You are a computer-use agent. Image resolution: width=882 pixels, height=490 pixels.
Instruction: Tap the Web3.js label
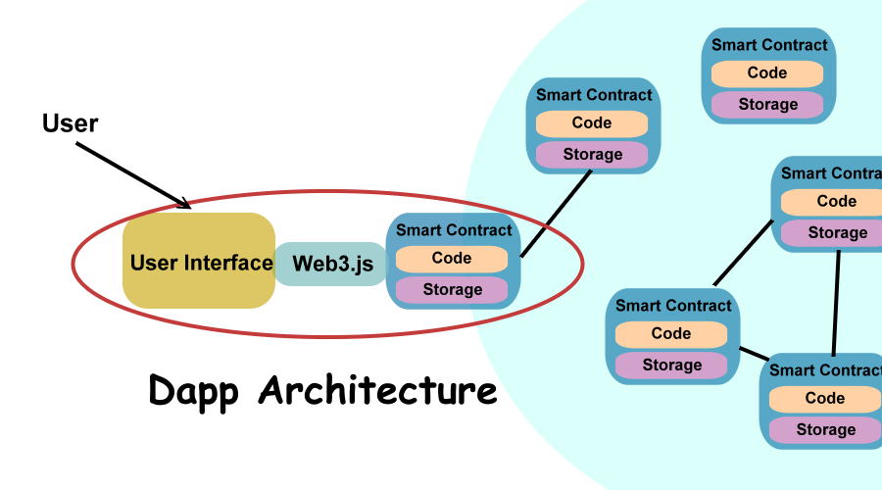pos(332,264)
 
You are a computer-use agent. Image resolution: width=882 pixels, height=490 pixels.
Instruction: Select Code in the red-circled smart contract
pos(452,259)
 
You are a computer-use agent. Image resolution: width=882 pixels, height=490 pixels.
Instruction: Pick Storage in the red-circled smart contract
pos(452,290)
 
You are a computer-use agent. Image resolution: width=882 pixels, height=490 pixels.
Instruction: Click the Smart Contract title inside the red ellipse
pos(454,230)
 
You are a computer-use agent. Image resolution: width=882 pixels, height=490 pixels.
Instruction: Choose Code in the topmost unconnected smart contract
pos(767,73)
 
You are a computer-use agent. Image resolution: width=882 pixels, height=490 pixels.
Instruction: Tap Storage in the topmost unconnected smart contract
pos(767,105)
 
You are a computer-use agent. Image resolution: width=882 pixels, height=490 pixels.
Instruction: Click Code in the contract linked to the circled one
pos(592,123)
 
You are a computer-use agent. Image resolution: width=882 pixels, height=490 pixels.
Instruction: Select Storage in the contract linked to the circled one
pos(592,155)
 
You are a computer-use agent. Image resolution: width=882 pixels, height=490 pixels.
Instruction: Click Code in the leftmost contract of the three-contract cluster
pos(671,334)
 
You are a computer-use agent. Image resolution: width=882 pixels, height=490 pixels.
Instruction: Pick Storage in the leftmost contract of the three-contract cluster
pos(671,366)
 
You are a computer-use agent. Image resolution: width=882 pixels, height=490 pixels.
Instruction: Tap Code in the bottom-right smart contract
pos(825,399)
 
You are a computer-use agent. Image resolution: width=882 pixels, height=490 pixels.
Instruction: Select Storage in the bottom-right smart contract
pos(825,430)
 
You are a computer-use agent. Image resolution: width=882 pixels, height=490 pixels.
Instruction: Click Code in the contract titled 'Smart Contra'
pos(837,202)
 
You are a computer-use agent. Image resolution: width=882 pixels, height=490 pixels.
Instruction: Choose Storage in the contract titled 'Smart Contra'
pos(837,233)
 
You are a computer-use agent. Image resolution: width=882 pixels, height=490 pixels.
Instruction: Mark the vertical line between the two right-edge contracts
pos(836,302)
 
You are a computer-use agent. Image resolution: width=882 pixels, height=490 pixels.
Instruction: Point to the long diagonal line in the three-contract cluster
pos(744,253)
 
